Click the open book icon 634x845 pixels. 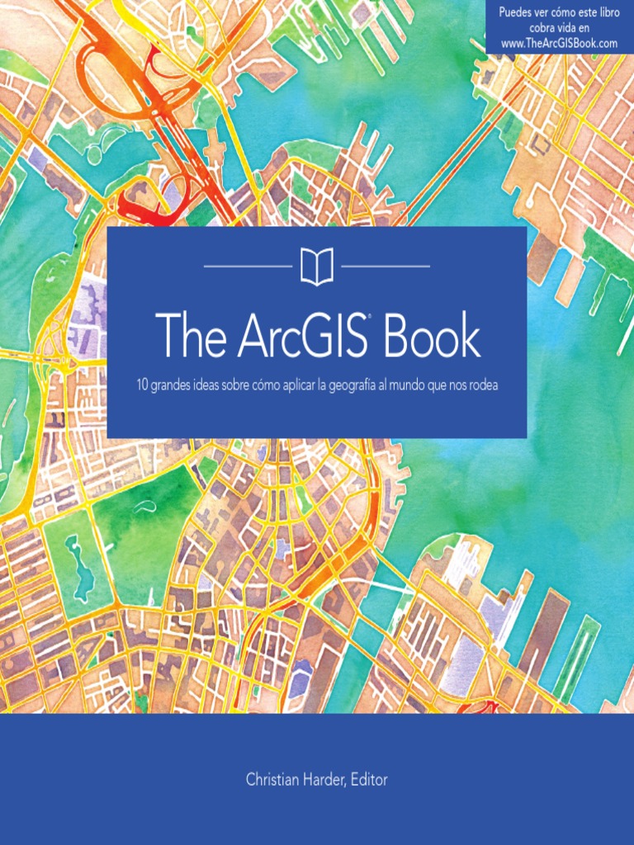tap(316, 267)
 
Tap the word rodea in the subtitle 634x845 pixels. tap(484, 385)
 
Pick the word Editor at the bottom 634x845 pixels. tap(369, 779)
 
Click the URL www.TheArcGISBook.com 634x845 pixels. tap(560, 43)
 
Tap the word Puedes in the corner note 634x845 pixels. tap(517, 13)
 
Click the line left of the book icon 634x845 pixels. tap(247, 267)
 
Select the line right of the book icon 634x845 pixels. tap(386, 267)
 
